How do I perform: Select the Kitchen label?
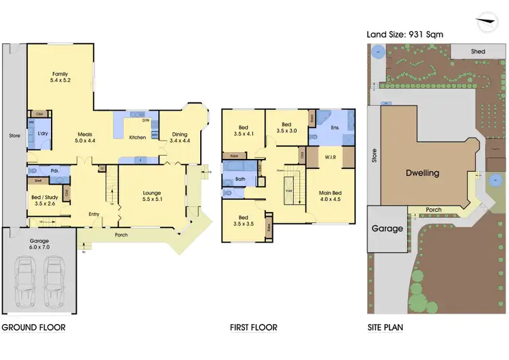click(138, 138)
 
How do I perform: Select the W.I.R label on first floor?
click(332, 157)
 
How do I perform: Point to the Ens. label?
click(334, 127)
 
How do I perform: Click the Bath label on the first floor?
click(240, 179)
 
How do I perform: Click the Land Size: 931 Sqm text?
click(406, 34)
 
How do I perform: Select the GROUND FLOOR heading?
click(33, 327)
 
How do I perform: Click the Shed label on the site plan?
click(478, 51)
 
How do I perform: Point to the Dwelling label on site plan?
click(422, 173)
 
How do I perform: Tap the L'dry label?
click(42, 133)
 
